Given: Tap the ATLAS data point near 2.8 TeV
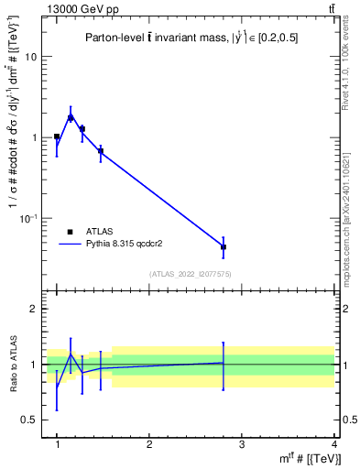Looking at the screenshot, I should [x=224, y=247].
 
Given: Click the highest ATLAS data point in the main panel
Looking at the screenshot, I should [x=71, y=117].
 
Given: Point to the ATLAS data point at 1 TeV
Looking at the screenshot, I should [x=57, y=136].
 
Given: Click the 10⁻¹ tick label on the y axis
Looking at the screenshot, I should [x=29, y=218].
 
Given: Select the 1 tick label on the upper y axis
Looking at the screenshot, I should [x=35, y=137].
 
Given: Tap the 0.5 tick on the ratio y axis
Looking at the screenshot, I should [x=31, y=420].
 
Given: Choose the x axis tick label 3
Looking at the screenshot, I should [x=241, y=444].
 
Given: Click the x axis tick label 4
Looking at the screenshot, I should [x=333, y=444].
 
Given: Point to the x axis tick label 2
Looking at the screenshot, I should [x=149, y=444].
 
